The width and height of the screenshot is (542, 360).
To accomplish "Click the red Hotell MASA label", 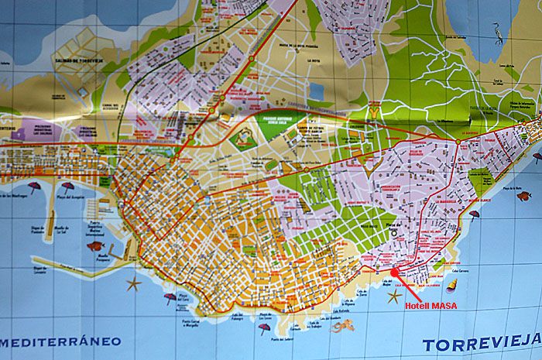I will [x=431, y=306].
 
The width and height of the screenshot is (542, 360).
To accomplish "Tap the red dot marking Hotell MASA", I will [x=394, y=272].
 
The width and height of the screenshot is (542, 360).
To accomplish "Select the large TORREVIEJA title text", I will [x=481, y=343].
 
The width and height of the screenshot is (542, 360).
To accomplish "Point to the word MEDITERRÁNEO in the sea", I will [x=62, y=341].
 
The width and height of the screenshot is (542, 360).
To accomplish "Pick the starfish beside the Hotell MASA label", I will [x=394, y=296].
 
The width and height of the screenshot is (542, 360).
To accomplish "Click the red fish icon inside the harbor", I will [x=95, y=245].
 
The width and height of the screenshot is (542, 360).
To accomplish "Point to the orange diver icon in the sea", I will [x=342, y=327].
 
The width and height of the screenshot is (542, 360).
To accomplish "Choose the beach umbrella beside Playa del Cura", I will [x=170, y=297].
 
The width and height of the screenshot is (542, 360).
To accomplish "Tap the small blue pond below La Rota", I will [x=316, y=92].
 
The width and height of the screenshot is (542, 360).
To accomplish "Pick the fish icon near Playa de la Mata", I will [x=524, y=196].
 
